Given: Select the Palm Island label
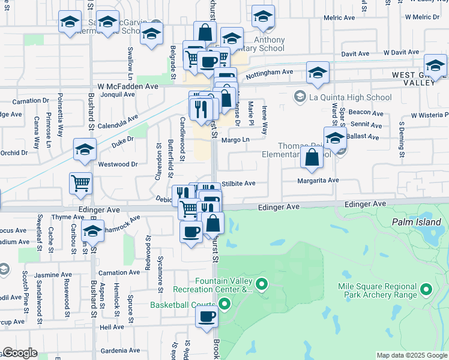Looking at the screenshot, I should pos(417,222).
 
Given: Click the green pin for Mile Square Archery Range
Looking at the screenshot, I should pos(427,290).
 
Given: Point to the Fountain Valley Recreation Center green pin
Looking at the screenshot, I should pos(261,283).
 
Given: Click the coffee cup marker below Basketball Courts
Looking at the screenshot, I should pos(206,316).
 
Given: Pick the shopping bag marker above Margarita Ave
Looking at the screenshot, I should pos(313,158).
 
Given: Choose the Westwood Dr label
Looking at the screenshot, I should pos(118,164).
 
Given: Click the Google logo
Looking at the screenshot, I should pos(19,353).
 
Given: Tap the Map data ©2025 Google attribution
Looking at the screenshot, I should pos(411,355).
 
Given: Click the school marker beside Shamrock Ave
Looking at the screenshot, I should pos(92,232).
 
